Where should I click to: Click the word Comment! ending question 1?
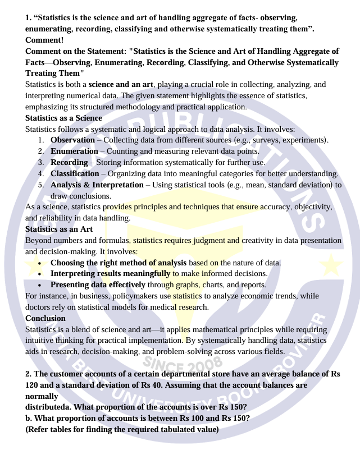[x=45, y=40]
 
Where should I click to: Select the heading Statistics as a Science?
[x=63, y=118]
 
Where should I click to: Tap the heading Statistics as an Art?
[x=59, y=229]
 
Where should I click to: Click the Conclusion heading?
[x=45, y=318]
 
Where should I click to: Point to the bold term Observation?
[x=72, y=140]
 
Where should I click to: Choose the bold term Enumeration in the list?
[x=74, y=151]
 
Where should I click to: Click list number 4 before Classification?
[x=41, y=173]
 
